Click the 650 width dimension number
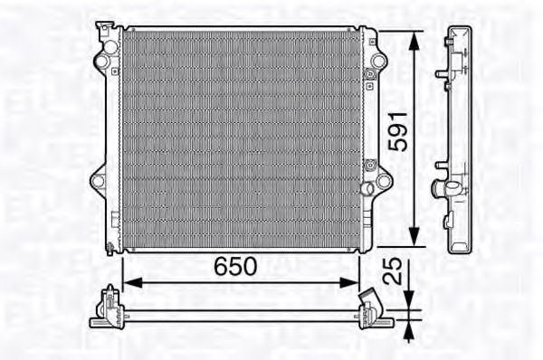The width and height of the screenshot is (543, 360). tap(235, 266)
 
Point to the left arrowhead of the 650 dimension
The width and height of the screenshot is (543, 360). tap(128, 281)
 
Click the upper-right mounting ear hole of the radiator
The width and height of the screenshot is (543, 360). tap(377, 62)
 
